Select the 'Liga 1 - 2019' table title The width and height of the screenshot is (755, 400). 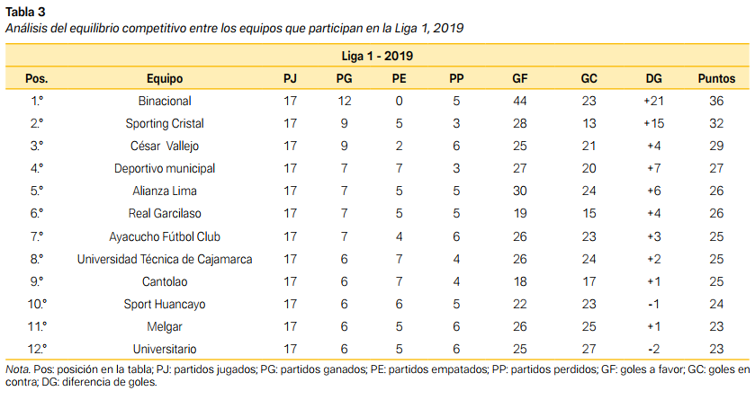click(377, 56)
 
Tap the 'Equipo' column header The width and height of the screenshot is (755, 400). click(165, 78)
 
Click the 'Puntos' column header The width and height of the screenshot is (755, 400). click(717, 78)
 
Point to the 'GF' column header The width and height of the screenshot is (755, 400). click(519, 78)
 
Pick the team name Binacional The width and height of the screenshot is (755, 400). click(165, 101)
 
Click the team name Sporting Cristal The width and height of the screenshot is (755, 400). click(165, 123)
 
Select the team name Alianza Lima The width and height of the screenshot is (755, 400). click(165, 191)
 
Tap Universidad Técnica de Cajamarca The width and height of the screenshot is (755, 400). click(165, 259)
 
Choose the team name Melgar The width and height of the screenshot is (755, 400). click(165, 326)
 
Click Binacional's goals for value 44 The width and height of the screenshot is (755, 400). click(519, 101)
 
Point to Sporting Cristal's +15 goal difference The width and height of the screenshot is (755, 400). click(654, 123)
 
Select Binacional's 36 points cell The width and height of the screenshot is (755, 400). click(717, 101)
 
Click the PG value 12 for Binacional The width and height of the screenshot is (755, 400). click(344, 101)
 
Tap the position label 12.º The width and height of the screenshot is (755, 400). click(37, 349)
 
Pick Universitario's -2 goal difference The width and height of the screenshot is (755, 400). click(654, 349)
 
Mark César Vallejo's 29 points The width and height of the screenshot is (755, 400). click(717, 146)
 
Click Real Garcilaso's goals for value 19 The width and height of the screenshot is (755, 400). click(519, 213)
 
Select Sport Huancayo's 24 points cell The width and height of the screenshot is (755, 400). click(717, 304)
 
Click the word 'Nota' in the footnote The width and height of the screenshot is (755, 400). click(17, 369)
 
